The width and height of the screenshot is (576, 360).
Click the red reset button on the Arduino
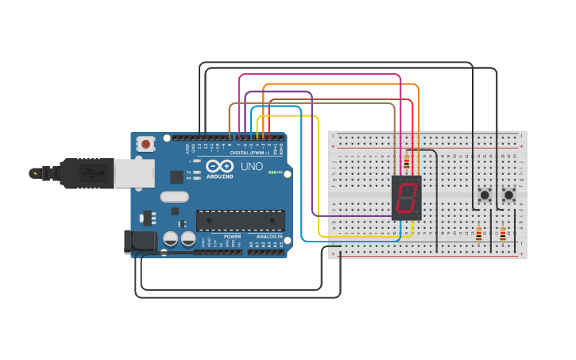(146, 145)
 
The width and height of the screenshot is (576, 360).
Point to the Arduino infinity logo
(219, 166)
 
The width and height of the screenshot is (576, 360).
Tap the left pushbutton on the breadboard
(484, 194)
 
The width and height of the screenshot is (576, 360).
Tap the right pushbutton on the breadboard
(508, 194)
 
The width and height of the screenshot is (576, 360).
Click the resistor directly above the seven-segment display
(407, 161)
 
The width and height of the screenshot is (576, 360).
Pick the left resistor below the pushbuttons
(478, 234)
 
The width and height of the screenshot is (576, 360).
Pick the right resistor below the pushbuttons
(502, 234)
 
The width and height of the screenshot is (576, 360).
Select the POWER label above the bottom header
(232, 237)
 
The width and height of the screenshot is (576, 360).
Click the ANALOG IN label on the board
(269, 237)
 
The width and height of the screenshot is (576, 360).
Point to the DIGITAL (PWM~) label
(248, 153)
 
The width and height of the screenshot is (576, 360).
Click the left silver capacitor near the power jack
(171, 238)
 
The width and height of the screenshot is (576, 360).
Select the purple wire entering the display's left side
(350, 215)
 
